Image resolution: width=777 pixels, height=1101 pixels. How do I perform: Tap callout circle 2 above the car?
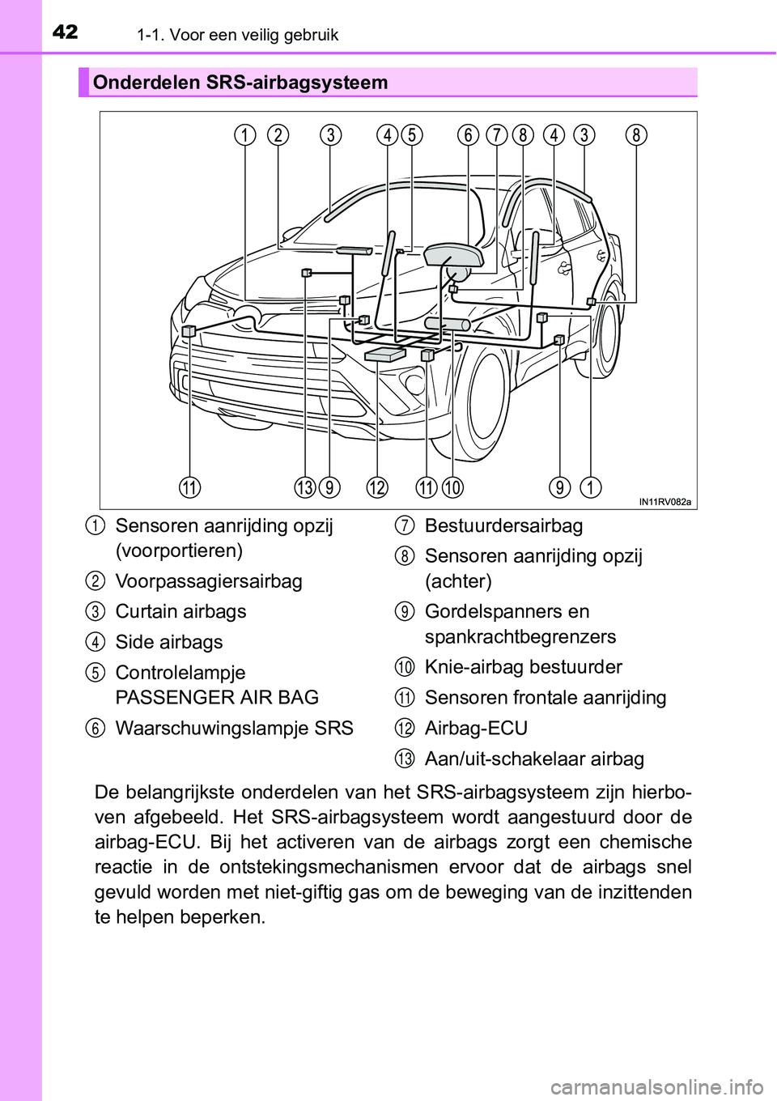(x=279, y=135)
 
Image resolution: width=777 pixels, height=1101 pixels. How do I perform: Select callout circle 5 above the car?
(x=412, y=135)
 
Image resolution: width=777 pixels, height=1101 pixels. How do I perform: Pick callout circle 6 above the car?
(x=468, y=135)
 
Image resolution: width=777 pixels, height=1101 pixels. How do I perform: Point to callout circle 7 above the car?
(x=496, y=135)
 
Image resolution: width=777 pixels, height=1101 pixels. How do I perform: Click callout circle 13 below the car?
(x=304, y=487)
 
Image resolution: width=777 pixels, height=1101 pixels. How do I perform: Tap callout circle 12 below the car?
(x=377, y=487)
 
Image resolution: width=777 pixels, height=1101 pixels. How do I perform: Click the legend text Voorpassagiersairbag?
(x=209, y=580)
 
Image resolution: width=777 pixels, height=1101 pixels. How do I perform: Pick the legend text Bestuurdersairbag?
(x=503, y=525)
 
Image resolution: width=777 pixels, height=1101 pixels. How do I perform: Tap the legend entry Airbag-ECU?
(x=476, y=728)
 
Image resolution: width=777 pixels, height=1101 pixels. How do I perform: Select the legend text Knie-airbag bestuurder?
(x=524, y=667)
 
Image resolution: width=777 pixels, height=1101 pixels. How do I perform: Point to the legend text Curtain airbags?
(x=180, y=611)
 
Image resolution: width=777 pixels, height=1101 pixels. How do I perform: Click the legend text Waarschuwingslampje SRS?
(x=234, y=728)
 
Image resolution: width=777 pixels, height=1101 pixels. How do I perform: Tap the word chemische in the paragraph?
(x=647, y=840)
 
